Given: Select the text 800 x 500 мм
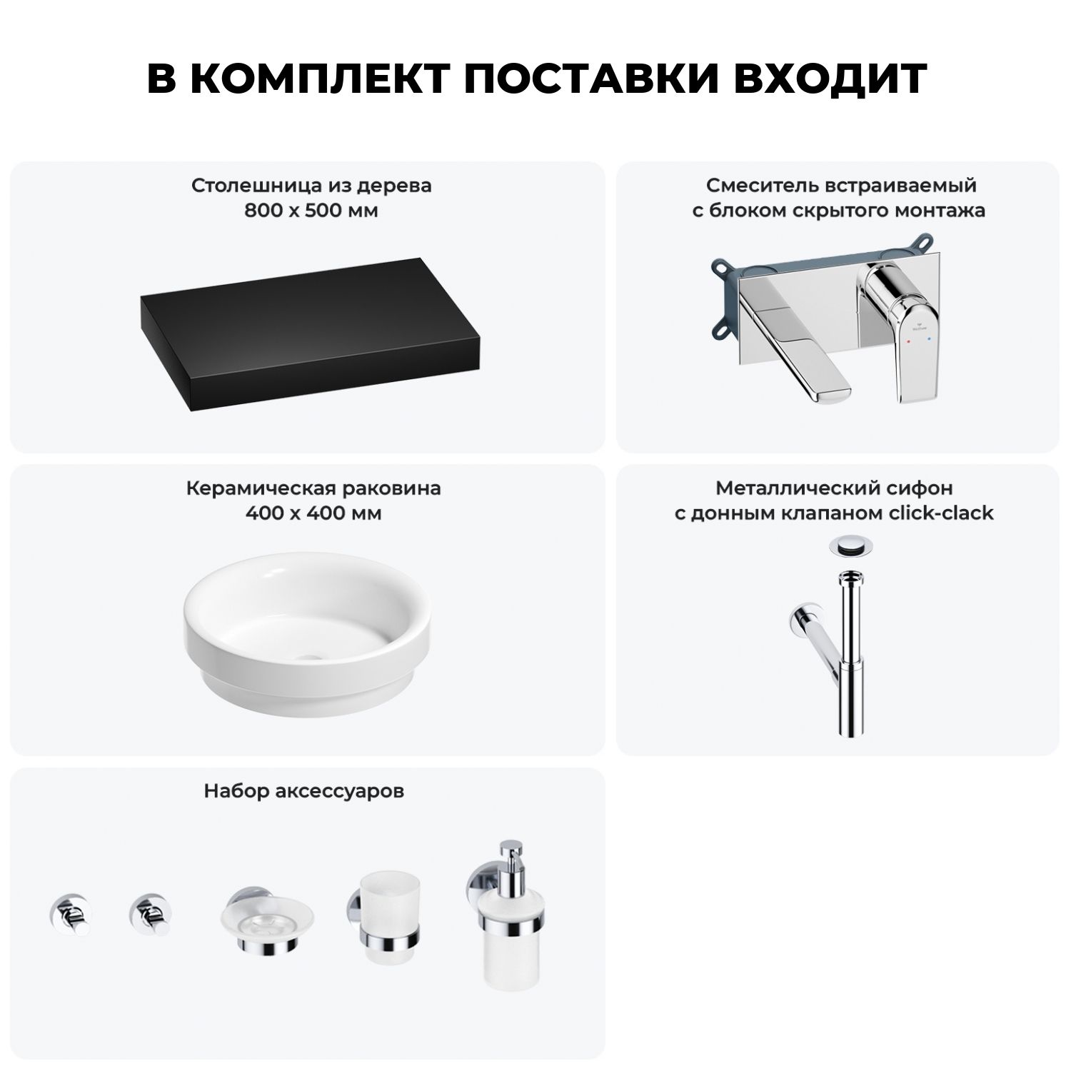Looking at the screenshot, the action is point(311,211).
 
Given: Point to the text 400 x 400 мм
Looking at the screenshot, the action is point(313,513).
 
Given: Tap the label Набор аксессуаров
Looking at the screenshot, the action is point(304,791).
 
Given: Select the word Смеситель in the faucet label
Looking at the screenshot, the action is point(754,186).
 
